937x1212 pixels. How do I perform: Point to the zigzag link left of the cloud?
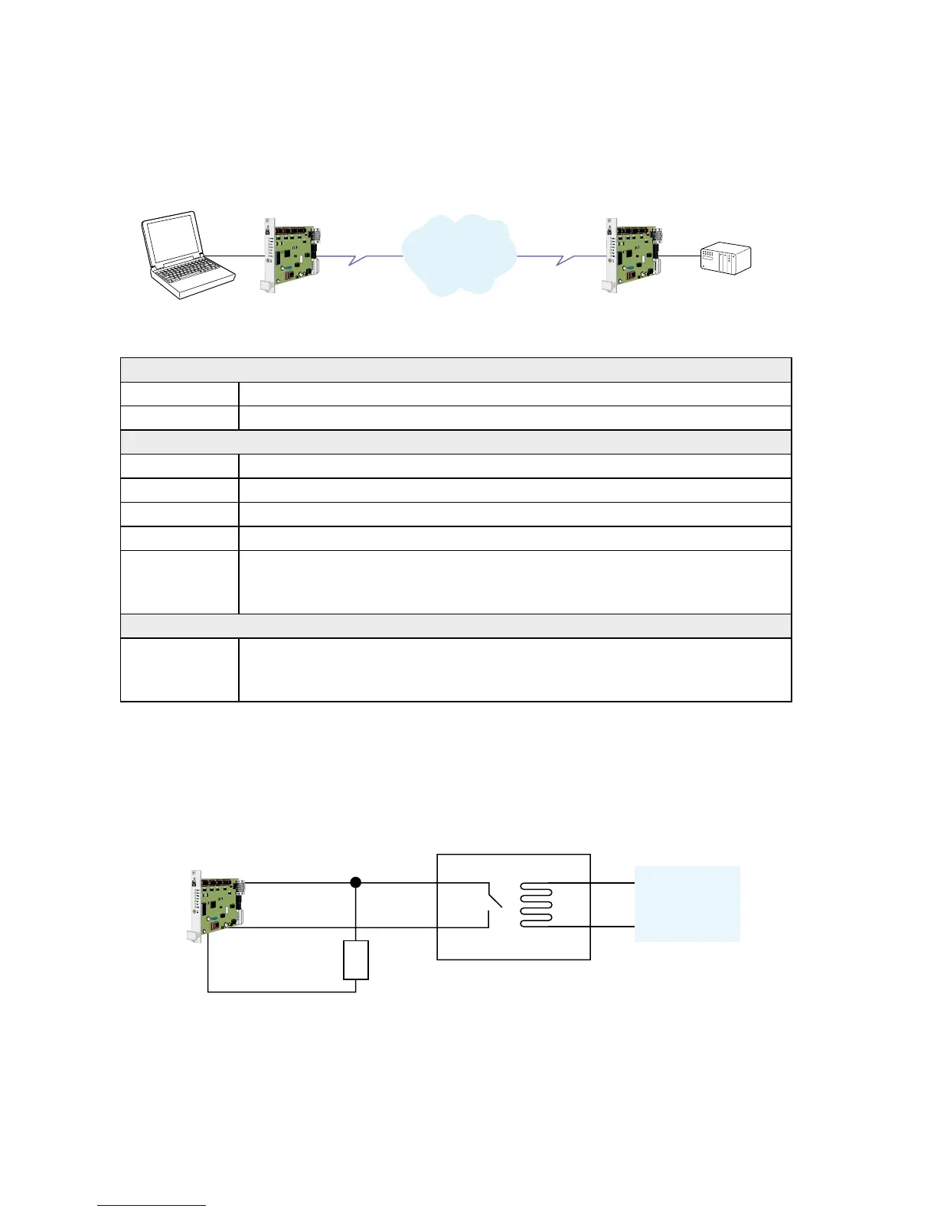point(358,259)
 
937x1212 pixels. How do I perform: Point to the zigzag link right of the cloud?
point(565,259)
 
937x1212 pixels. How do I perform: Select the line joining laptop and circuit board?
point(233,256)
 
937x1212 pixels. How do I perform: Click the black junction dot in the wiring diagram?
point(355,882)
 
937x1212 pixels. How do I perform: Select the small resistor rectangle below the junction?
point(356,959)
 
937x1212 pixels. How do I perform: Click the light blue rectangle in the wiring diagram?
point(687,903)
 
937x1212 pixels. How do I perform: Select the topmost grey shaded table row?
point(455,370)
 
